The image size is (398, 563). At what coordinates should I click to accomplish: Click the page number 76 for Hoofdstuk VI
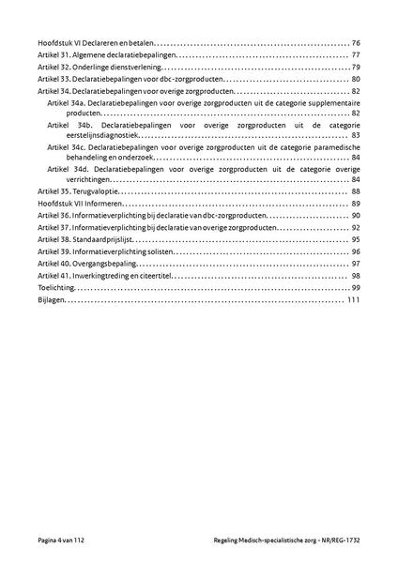click(356, 43)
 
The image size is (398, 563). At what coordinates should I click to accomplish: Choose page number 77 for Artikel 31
click(356, 55)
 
